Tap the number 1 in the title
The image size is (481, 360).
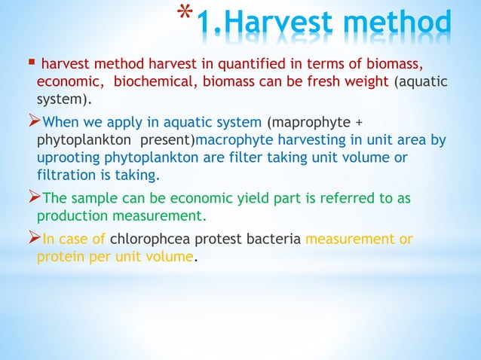pyautogui.click(x=204, y=26)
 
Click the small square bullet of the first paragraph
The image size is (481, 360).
pyautogui.click(x=29, y=61)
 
